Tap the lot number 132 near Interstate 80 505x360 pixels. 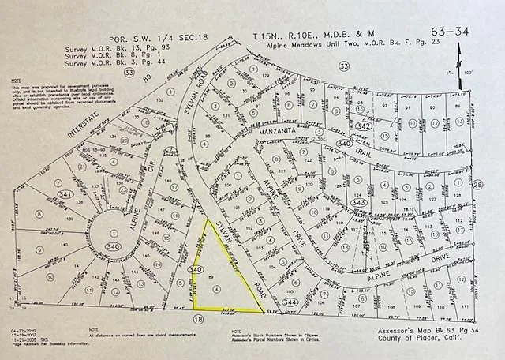click(x=160, y=101)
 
